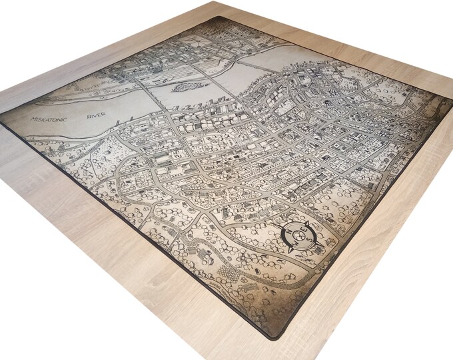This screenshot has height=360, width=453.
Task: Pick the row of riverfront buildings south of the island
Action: tap(200, 103)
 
